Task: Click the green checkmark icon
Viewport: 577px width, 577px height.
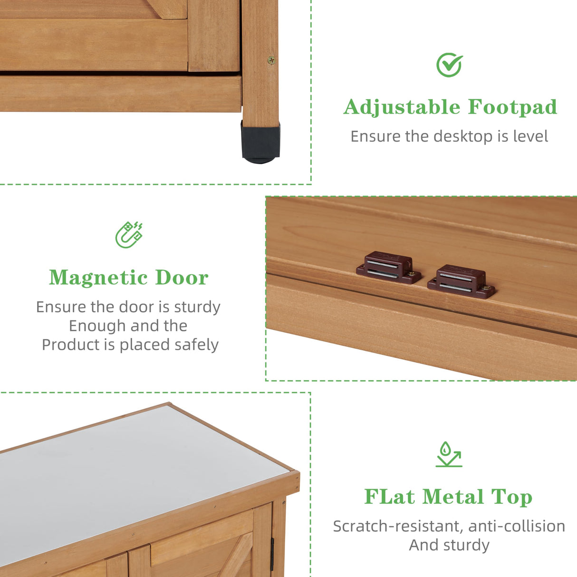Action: tap(449, 65)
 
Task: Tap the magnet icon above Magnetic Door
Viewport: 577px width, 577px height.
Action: tap(129, 234)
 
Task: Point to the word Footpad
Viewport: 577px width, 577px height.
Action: tap(512, 107)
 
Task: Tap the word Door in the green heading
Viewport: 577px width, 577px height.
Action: tap(182, 278)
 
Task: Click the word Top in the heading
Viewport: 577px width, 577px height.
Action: tap(511, 498)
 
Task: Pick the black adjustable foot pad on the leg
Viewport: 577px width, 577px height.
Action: tap(260, 142)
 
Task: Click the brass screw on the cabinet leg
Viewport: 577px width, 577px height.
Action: tap(271, 60)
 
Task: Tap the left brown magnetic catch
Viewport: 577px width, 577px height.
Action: tap(388, 268)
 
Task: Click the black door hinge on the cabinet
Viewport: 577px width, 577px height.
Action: tap(272, 554)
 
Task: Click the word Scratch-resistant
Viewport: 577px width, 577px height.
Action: tap(397, 526)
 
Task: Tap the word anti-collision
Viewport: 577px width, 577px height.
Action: tap(517, 526)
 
